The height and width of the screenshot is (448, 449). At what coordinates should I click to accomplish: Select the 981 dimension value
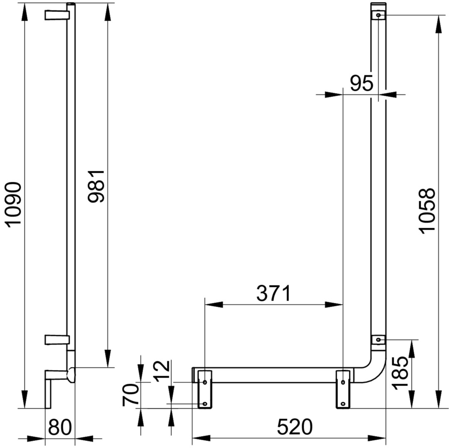96,187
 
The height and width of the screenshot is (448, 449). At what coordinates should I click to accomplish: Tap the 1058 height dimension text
427,211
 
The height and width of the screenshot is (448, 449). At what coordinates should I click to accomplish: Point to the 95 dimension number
362,83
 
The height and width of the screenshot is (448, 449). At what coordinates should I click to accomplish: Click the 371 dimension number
273,293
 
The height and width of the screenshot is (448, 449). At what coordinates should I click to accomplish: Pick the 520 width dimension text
295,427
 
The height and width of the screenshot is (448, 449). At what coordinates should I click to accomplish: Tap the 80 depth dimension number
59,427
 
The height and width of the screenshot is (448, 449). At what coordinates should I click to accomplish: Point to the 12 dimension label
162,371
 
